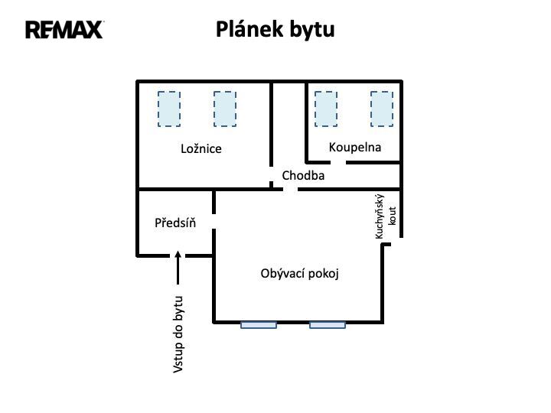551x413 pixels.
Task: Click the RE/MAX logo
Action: tap(64, 30)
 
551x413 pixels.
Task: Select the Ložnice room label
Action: tap(201, 148)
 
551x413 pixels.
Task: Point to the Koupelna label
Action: tap(355, 147)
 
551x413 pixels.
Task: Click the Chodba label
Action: tap(303, 175)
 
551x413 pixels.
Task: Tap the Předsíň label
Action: tap(175, 223)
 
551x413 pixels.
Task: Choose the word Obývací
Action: tap(283, 273)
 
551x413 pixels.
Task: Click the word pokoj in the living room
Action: tap(324, 274)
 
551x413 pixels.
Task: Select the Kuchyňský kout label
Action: tap(386, 216)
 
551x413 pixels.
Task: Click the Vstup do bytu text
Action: tap(178, 335)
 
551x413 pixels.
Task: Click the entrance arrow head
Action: tap(178, 255)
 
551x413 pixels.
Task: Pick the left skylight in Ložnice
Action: tap(169, 109)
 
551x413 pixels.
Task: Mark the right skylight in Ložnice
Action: tap(225, 109)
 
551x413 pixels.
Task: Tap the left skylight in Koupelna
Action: tap(326, 109)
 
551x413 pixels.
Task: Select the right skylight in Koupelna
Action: tap(382, 109)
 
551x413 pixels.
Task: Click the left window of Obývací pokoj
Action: tap(259, 325)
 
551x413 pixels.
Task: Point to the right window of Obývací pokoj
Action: tap(328, 325)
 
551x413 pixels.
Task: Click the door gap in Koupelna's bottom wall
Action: tap(338, 162)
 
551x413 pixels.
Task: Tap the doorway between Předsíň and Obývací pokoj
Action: tap(214, 221)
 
